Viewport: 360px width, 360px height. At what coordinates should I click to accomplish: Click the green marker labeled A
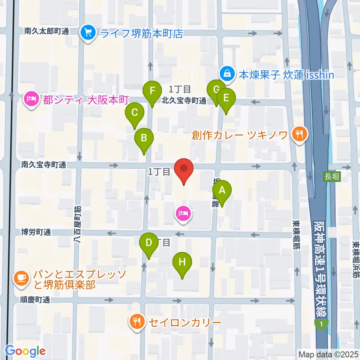pos(222,190)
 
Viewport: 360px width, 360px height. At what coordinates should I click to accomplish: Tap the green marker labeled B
pos(144,138)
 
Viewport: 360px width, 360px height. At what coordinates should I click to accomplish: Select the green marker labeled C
pos(135,112)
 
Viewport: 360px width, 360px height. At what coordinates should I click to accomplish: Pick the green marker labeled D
pos(149,243)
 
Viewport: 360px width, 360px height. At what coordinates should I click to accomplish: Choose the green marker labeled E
pos(226,98)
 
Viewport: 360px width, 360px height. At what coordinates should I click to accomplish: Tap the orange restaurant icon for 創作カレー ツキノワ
pos(299,134)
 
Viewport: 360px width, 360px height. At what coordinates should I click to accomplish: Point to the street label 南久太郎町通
pos(46,31)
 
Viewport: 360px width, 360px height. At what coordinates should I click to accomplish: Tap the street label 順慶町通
pos(36,300)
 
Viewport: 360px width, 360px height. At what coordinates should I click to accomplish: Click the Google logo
pos(25,351)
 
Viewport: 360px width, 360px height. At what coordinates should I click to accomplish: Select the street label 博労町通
pos(36,232)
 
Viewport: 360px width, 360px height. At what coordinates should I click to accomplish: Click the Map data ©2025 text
pos(328,354)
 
